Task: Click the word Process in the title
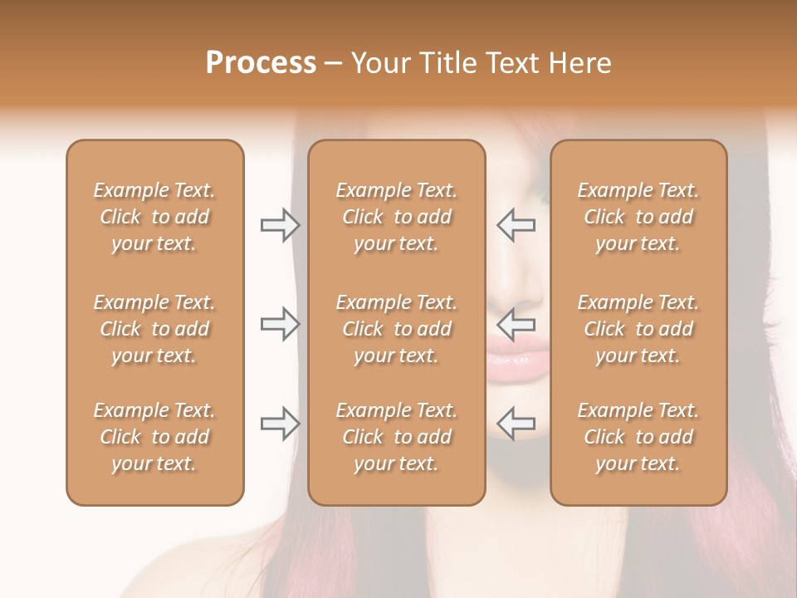tap(261, 63)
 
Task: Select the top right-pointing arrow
tap(280, 225)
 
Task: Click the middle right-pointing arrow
tap(280, 324)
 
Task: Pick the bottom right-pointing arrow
tap(280, 424)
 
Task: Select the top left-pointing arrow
tap(516, 225)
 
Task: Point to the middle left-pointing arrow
tap(516, 324)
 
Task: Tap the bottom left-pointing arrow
tap(516, 424)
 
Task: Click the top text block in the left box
tap(154, 217)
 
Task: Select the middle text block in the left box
tap(154, 329)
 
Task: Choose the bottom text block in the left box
tap(154, 437)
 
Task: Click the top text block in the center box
tap(396, 217)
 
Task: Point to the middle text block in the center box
tap(396, 329)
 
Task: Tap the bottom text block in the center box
tap(396, 437)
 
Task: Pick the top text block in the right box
tap(638, 217)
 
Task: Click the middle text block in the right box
tap(638, 329)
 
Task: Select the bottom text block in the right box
tap(638, 437)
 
